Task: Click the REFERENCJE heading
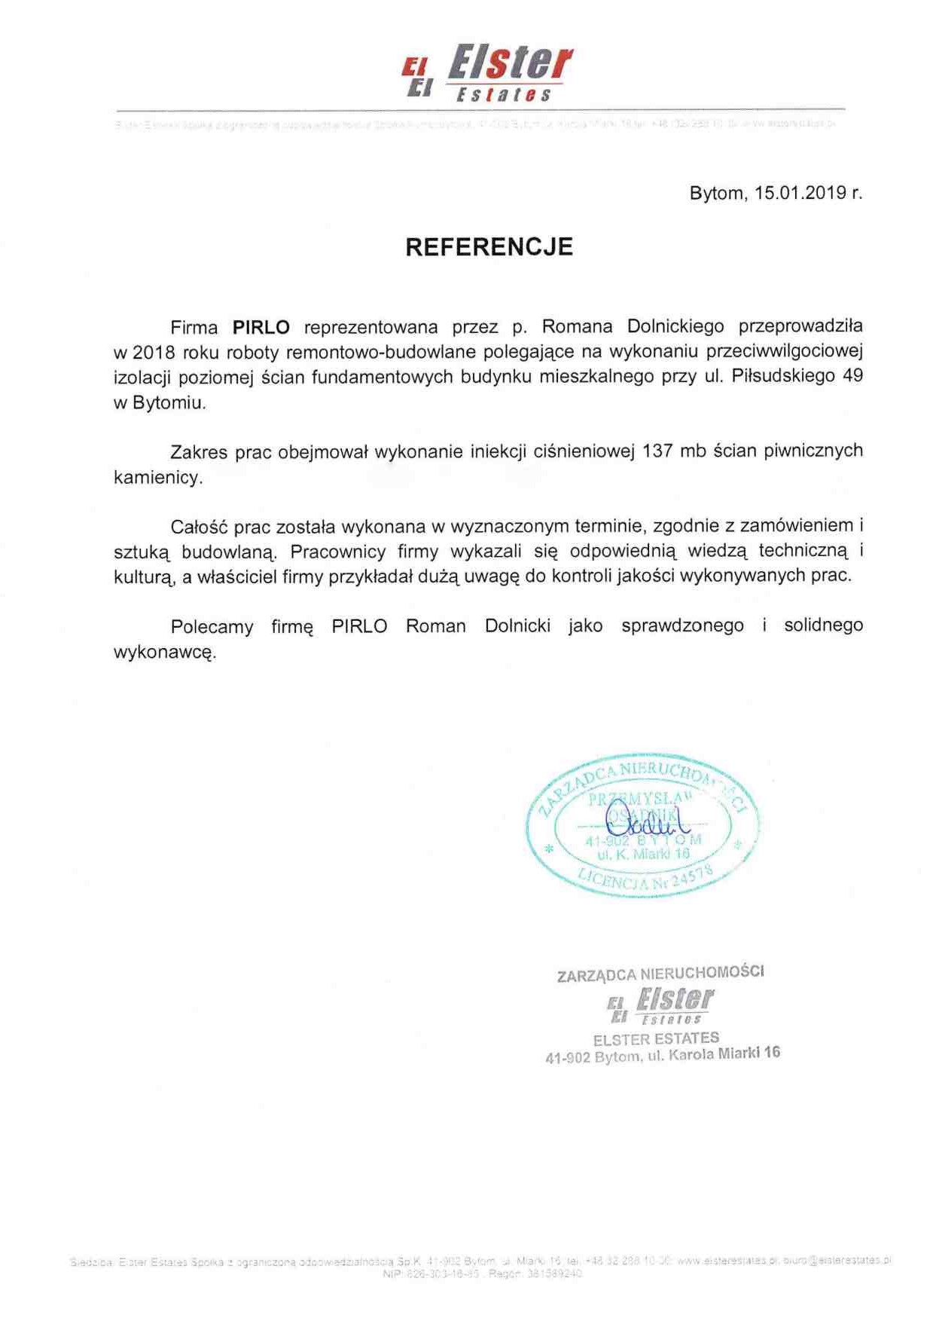pos(489,247)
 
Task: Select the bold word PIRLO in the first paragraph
pos(261,327)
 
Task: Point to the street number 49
pos(852,376)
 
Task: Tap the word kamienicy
pos(158,478)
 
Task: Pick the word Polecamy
pos(212,626)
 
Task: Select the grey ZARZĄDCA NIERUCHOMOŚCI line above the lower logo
pos(660,974)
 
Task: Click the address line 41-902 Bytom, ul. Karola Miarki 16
pos(662,1055)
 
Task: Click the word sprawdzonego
pos(682,626)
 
